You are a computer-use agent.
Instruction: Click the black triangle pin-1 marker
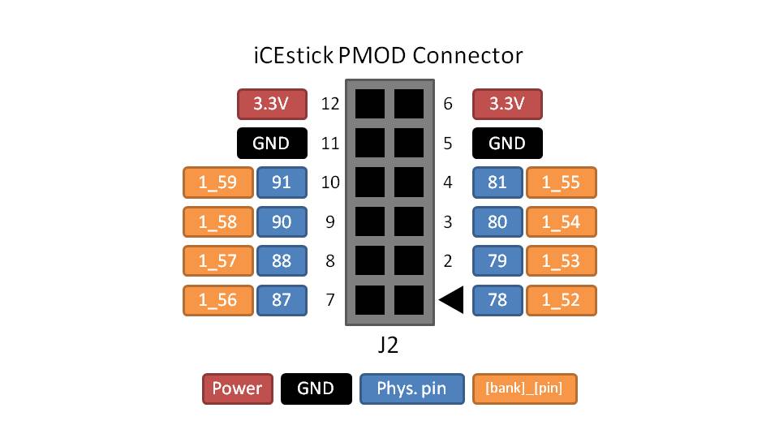(453, 300)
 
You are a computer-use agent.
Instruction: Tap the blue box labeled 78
(497, 300)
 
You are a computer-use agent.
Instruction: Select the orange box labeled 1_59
(217, 182)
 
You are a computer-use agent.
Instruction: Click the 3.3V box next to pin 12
(272, 104)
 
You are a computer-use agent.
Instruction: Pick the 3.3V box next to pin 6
(507, 104)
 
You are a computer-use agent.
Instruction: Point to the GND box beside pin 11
(272, 144)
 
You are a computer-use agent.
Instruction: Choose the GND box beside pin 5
(507, 144)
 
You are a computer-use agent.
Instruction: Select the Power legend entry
(237, 389)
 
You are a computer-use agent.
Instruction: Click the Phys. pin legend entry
(412, 389)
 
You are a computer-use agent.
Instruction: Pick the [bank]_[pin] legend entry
(524, 389)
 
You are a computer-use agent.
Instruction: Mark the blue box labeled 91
(282, 182)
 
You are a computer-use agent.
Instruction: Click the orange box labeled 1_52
(561, 300)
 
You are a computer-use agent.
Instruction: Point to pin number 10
(329, 182)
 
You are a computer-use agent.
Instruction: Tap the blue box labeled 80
(497, 221)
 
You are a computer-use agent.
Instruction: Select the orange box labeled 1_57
(217, 261)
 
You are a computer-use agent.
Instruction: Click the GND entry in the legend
(316, 389)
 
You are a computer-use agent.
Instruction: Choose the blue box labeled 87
(282, 300)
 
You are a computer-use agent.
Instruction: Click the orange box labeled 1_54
(561, 221)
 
